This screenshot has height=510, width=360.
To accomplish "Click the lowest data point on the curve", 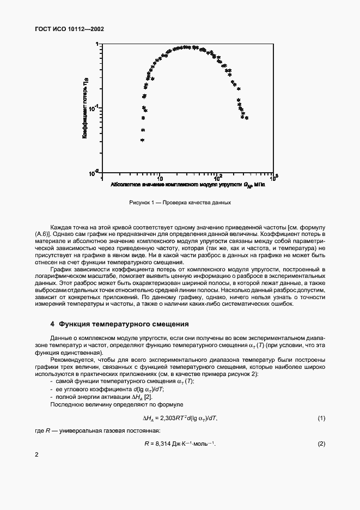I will coord(142,140).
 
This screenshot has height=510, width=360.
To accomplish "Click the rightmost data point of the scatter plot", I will coord(247,117).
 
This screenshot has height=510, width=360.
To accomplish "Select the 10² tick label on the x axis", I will coord(217,178).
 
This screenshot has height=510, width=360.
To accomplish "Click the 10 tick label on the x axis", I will coord(160,178).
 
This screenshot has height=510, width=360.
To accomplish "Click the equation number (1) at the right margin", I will coord(321,417).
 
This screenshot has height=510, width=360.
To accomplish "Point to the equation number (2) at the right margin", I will coord(321,444).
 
